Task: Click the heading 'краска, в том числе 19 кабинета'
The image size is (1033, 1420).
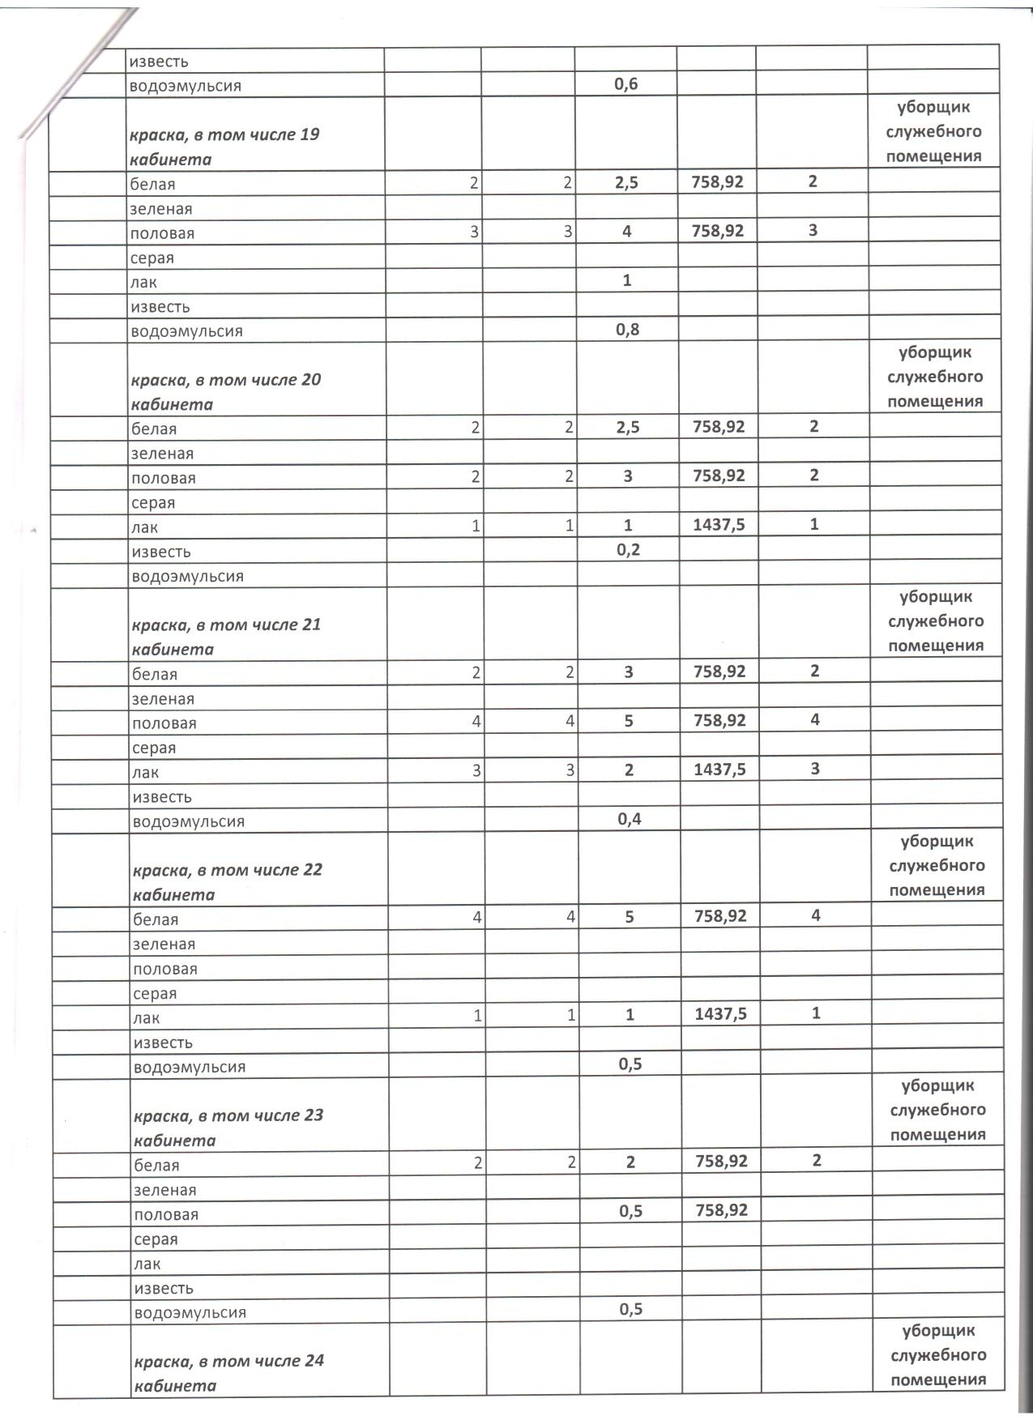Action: click(x=224, y=147)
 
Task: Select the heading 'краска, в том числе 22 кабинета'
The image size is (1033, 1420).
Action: click(x=228, y=882)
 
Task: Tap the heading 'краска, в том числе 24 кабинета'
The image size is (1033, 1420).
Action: click(x=228, y=1373)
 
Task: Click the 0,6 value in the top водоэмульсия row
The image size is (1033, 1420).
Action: click(x=626, y=84)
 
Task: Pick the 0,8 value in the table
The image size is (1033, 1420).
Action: click(x=627, y=330)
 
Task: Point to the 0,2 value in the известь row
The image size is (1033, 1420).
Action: click(x=628, y=550)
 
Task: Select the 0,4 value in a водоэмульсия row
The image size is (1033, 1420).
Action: click(x=629, y=819)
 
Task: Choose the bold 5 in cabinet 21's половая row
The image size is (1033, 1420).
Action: click(x=629, y=721)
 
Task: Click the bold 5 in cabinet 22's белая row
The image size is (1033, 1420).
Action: click(x=630, y=917)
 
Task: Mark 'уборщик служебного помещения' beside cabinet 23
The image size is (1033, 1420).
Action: click(x=937, y=1110)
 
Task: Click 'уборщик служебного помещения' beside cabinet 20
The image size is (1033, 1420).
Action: click(x=934, y=377)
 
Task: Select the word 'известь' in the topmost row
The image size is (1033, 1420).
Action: click(x=159, y=61)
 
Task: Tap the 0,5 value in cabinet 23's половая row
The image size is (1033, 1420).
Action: click(x=630, y=1211)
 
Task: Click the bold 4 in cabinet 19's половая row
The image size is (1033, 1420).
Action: click(x=627, y=232)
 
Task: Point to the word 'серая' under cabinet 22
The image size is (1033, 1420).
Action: click(x=155, y=993)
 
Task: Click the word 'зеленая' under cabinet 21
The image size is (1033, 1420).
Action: click(x=163, y=698)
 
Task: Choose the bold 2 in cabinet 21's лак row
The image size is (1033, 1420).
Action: click(x=629, y=770)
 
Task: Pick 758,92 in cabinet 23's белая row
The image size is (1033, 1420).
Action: click(x=721, y=1162)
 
